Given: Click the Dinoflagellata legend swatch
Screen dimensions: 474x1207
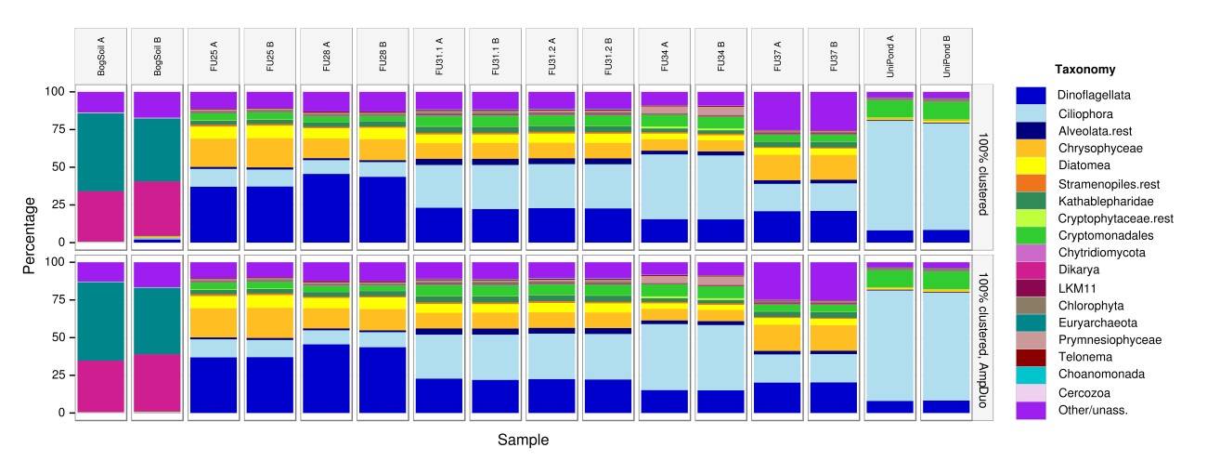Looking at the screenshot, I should (x=1031, y=95).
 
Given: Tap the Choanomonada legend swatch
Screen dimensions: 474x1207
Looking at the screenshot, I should (x=1031, y=374).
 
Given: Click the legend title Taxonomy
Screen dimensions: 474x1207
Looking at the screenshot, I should (x=1085, y=70).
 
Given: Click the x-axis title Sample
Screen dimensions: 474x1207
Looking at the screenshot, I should (x=523, y=440).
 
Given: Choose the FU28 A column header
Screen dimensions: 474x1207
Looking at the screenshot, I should (x=327, y=56).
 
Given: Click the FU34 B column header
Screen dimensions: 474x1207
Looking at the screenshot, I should (x=721, y=56).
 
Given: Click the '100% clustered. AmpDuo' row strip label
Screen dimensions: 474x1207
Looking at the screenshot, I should (x=982, y=336).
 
